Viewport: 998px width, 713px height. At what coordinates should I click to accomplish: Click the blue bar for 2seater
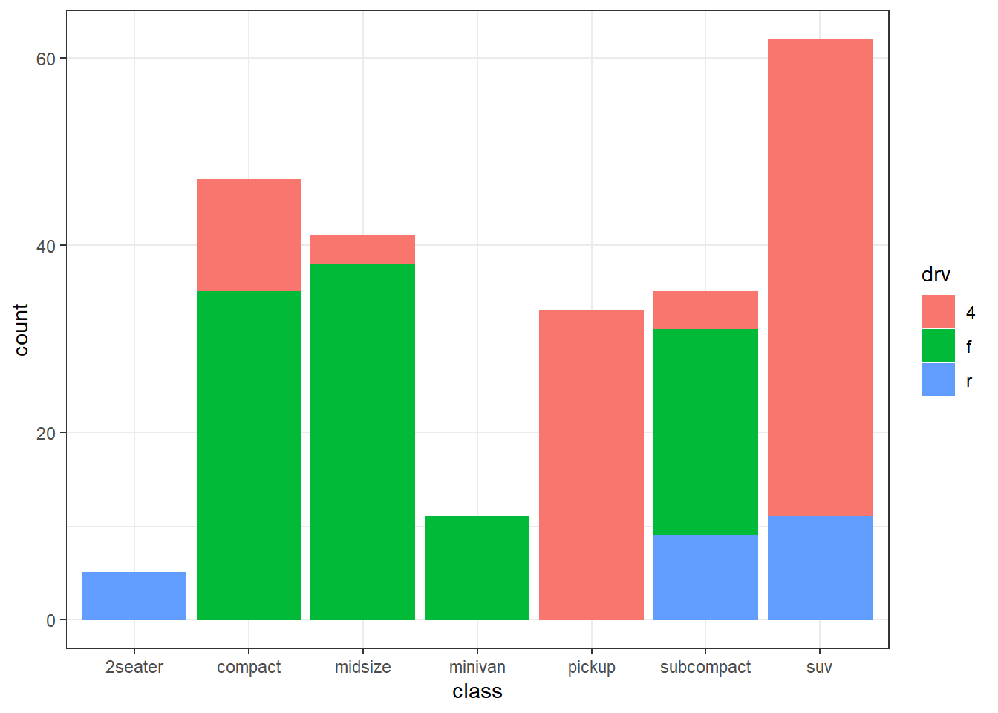click(134, 596)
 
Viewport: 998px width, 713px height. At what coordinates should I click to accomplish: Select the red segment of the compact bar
click(249, 235)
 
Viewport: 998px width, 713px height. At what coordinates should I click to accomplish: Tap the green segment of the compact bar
click(249, 455)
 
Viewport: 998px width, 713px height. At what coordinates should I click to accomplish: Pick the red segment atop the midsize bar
click(362, 250)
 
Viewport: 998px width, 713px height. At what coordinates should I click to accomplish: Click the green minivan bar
click(477, 567)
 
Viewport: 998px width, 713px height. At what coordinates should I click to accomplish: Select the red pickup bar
click(591, 465)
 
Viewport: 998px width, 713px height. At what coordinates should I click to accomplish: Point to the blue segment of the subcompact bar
click(705, 577)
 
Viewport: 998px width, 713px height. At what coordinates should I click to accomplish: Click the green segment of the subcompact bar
click(705, 432)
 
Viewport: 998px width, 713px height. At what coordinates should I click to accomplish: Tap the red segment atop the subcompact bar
click(705, 310)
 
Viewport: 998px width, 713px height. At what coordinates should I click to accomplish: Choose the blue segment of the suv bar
click(820, 567)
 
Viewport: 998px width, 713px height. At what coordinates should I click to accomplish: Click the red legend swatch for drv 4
click(938, 311)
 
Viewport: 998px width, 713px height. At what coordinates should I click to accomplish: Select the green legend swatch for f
click(938, 345)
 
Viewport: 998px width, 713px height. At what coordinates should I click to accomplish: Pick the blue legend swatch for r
click(938, 380)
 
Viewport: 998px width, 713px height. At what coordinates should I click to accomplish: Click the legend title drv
click(936, 275)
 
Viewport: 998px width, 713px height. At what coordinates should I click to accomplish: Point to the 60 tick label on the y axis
click(46, 59)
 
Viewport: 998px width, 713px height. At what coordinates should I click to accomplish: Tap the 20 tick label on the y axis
click(46, 433)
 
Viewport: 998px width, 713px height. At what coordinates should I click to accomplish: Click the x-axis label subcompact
click(705, 667)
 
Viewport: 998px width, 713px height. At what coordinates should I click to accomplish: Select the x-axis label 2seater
click(134, 667)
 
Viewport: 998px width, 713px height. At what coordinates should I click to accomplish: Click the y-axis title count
click(21, 329)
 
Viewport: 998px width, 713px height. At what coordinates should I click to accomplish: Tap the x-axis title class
click(477, 691)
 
